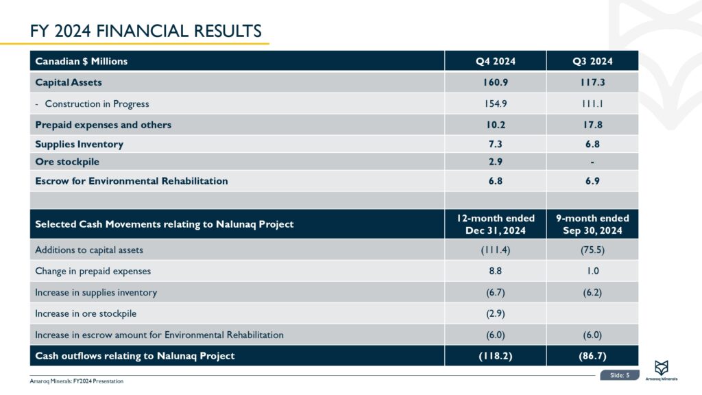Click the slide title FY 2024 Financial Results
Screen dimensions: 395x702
click(145, 31)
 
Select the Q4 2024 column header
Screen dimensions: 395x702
click(496, 61)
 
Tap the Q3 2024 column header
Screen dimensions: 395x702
click(592, 61)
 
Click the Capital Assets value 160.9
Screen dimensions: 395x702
click(496, 82)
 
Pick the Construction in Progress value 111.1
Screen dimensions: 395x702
click(592, 104)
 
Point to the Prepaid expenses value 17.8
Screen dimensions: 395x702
click(592, 125)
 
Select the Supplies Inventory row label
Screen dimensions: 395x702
click(80, 144)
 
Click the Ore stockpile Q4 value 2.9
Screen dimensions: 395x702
click(496, 163)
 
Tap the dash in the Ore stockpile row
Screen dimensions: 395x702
click(592, 163)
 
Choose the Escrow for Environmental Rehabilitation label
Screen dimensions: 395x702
click(132, 181)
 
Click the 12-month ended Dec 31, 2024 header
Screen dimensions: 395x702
click(496, 224)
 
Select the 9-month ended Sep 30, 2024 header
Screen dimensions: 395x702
click(592, 224)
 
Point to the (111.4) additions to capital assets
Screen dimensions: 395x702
click(496, 250)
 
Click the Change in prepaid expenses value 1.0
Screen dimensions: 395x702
click(592, 271)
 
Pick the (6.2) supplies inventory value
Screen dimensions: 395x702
click(592, 292)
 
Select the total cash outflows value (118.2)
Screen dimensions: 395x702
click(496, 356)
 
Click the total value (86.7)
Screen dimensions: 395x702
click(592, 356)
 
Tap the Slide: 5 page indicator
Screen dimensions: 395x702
click(619, 374)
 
